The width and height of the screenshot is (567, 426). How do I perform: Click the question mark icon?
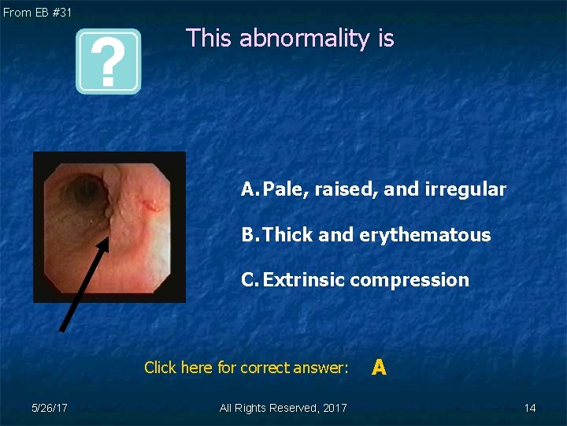click(x=108, y=62)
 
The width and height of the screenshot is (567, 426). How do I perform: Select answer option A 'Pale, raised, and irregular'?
click(x=374, y=189)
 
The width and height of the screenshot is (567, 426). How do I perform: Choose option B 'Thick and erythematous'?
click(x=366, y=235)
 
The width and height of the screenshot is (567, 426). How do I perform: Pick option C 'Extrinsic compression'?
click(x=355, y=280)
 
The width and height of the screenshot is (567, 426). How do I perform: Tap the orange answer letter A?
click(x=379, y=367)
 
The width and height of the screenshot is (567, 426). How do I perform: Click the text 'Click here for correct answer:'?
click(x=246, y=368)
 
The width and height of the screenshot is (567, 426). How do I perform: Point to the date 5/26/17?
click(x=49, y=408)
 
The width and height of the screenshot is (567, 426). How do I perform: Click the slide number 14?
click(x=530, y=408)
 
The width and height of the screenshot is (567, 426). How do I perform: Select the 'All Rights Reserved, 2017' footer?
click(x=283, y=408)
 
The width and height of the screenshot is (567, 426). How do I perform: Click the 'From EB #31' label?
click(x=37, y=12)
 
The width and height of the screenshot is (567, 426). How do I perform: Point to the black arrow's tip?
click(x=107, y=238)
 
